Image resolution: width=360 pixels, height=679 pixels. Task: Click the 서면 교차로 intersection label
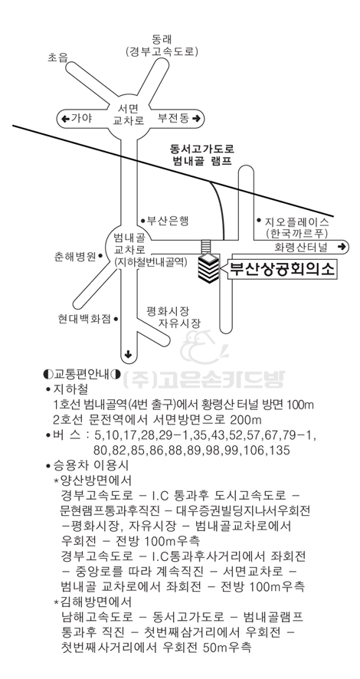pos(128,113)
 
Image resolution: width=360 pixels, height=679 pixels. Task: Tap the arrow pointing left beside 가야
pos(65,118)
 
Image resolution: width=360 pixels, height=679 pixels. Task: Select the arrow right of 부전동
pos(196,118)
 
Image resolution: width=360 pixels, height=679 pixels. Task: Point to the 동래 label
pos(162,39)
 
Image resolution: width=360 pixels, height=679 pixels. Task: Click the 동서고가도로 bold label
pos(202,149)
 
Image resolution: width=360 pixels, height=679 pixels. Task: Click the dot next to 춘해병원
pos(100,256)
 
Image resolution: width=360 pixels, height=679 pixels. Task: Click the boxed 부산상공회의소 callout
pos(280,270)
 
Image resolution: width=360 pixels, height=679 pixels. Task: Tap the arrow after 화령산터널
pos(342,247)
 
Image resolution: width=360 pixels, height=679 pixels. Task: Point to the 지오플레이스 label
pos(298,222)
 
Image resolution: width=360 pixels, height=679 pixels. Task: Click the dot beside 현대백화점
pos(116,319)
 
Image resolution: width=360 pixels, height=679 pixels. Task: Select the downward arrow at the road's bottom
pos(128,355)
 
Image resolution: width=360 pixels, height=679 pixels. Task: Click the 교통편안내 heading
pos(82,373)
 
